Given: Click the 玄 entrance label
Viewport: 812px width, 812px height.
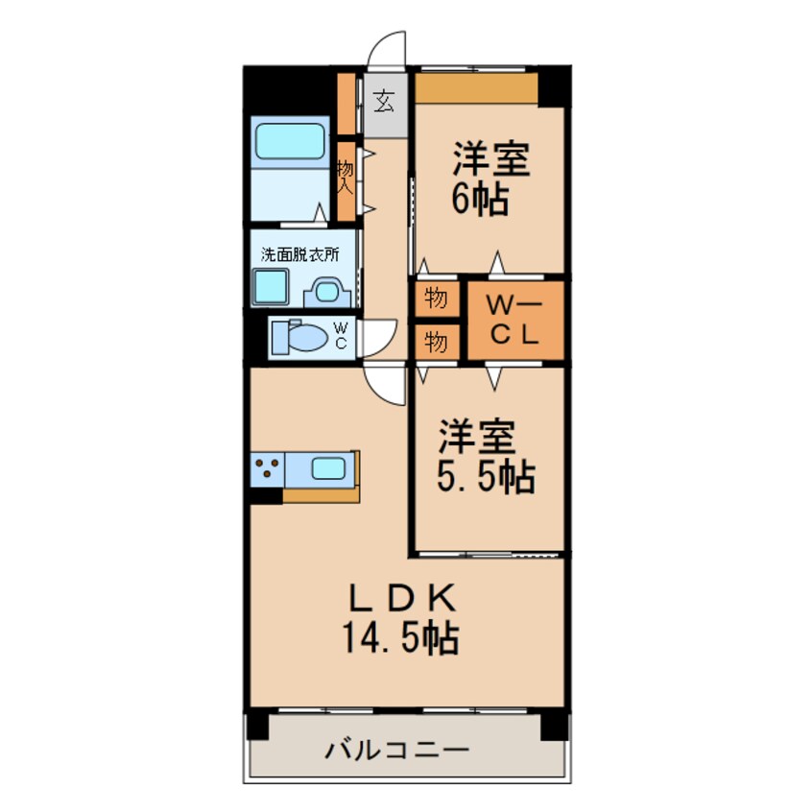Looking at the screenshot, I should coord(384,101).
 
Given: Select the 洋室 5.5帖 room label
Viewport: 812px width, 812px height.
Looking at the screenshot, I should coord(486,457).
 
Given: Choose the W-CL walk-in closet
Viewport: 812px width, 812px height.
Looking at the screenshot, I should coord(514,322).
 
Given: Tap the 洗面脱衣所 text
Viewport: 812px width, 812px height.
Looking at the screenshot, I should coord(299,255).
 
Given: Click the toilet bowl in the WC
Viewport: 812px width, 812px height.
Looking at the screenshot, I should coord(305,338).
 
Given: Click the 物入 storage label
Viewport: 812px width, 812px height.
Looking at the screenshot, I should coord(346,178).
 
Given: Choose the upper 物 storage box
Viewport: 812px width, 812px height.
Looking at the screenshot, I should coord(436,299).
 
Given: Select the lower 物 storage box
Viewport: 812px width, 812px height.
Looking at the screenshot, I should coord(436,341).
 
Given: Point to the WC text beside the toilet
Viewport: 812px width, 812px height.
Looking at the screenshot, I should coord(341,336).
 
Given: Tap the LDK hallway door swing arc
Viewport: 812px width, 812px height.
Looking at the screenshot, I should coord(388,384).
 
